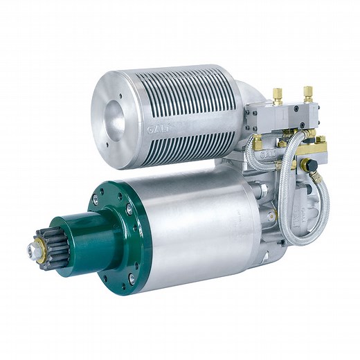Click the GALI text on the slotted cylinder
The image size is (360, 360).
[156, 127]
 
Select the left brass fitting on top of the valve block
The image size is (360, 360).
[277, 95]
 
